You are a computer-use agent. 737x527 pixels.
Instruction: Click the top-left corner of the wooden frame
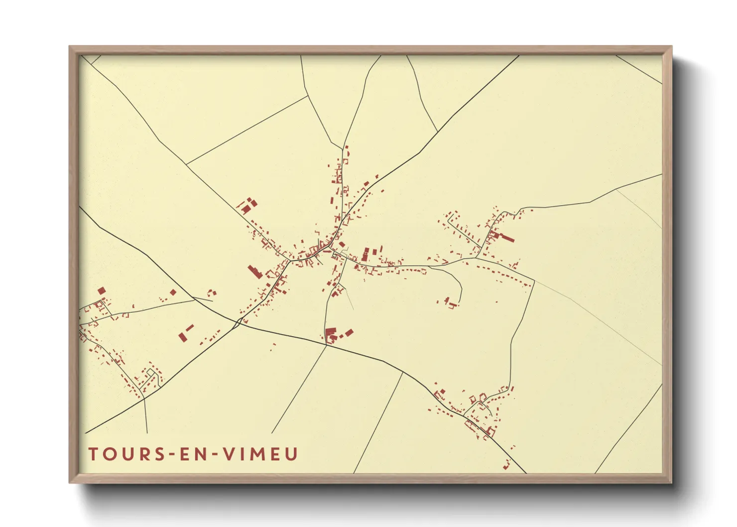[x=70, y=47]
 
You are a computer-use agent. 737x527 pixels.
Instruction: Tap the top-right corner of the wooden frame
[x=671, y=47]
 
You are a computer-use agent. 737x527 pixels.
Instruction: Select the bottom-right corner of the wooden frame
[x=671, y=482]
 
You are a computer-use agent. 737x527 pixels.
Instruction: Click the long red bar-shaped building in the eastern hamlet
[x=506, y=238]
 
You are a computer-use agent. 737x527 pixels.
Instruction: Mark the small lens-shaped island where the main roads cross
[x=238, y=323]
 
